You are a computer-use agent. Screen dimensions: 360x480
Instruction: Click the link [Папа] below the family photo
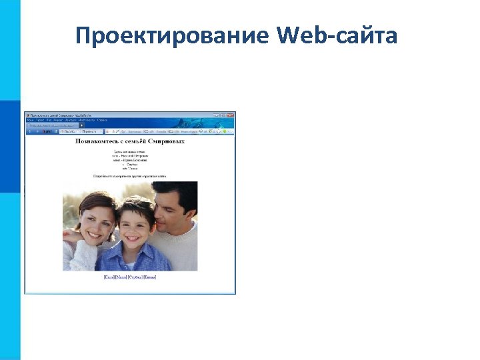pos(109,277)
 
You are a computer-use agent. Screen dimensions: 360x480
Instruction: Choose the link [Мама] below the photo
pos(121,277)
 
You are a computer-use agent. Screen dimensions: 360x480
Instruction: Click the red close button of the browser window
pos(231,115)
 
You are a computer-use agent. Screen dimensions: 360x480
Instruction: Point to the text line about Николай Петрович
pos(131,156)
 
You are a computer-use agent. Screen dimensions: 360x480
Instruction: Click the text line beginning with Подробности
pos(131,176)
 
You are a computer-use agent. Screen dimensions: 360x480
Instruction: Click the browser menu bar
pos(67,120)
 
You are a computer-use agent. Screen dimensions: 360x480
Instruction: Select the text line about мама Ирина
pos(131,161)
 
